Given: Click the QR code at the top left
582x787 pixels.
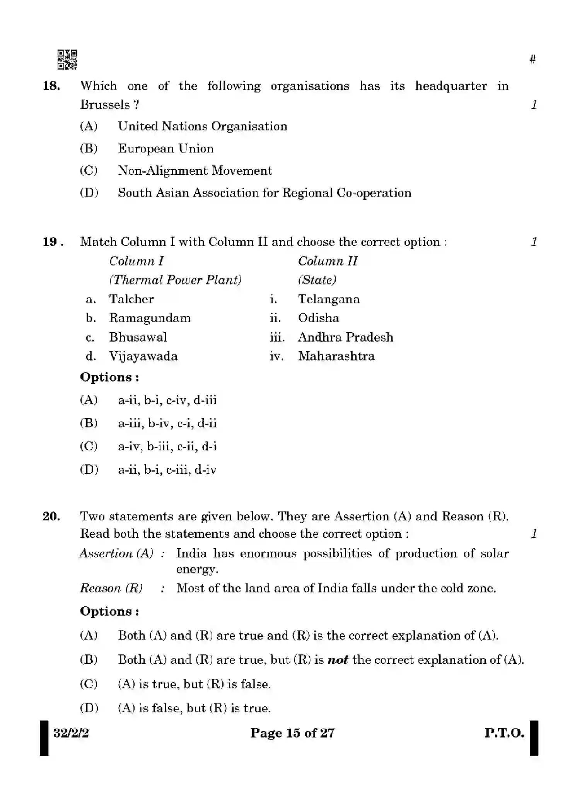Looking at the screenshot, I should (67, 60).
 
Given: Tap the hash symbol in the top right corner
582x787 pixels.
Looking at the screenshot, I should (533, 59).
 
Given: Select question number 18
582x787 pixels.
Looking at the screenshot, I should (51, 86).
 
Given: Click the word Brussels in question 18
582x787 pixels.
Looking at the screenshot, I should (104, 105).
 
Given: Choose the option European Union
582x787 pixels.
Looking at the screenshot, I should (166, 149).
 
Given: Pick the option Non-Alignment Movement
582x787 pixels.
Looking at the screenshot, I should (195, 171).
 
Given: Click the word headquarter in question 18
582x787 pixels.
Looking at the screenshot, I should (451, 86).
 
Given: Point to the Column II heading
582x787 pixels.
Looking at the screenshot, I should (328, 261).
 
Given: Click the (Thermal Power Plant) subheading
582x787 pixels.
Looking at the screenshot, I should (175, 280).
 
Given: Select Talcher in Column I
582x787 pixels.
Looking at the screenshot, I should (131, 299).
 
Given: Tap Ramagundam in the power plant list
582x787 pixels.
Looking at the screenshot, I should (150, 318).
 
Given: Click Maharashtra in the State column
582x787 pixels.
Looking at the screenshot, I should (336, 356).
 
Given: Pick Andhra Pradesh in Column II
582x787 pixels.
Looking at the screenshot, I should (345, 337).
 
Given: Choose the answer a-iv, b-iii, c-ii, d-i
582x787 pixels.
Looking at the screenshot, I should (167, 447).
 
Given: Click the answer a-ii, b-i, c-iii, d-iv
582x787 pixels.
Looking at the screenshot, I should (167, 470).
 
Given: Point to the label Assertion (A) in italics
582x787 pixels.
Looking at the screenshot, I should (116, 554).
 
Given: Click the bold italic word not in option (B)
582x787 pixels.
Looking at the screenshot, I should (338, 660).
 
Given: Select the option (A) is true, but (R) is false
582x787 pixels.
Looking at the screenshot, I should (194, 684).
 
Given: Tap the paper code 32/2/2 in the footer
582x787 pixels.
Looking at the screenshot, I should (71, 733).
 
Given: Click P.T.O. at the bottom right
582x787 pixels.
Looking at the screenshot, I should (504, 733).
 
